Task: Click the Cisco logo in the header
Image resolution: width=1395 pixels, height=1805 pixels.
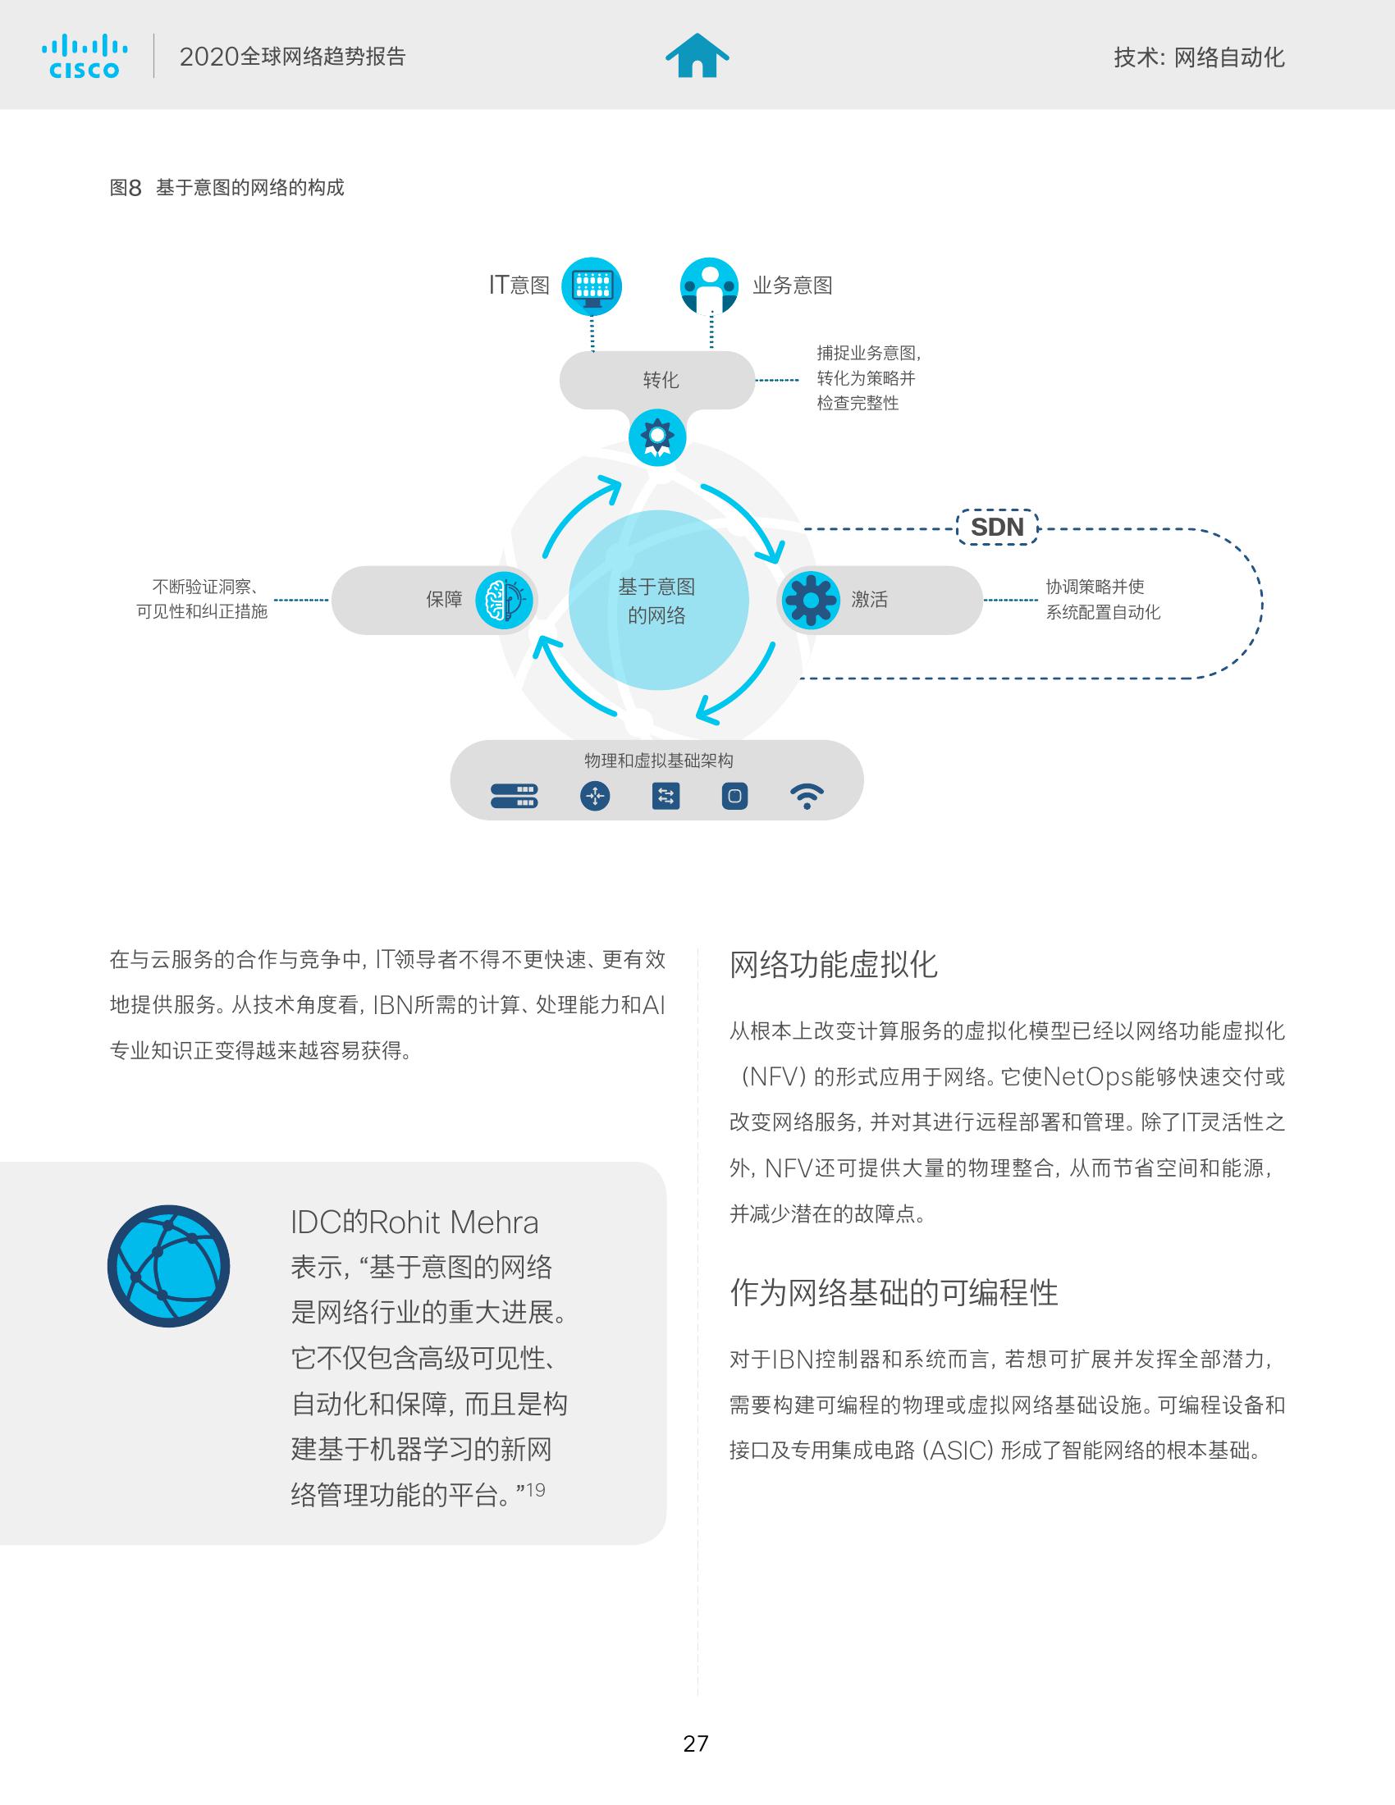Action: click(85, 56)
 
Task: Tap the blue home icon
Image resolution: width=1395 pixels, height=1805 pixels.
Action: click(697, 55)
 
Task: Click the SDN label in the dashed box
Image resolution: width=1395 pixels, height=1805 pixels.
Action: click(997, 528)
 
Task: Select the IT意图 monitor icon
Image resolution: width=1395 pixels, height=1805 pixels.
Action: click(592, 287)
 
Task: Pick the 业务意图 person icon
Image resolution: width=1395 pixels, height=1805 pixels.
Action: click(709, 287)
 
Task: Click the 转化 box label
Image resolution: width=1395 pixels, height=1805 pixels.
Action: click(661, 379)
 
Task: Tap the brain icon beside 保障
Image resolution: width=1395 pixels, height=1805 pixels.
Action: click(504, 600)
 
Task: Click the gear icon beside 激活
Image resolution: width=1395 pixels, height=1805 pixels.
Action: click(810, 600)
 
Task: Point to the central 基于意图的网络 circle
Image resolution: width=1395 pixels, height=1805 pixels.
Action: click(659, 600)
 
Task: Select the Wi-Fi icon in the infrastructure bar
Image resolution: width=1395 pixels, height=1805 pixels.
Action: click(807, 796)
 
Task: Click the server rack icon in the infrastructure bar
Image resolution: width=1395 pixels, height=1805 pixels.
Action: click(514, 796)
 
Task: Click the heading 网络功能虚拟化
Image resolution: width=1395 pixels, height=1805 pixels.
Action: click(833, 965)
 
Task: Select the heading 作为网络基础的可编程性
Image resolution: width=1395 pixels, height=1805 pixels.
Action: click(894, 1292)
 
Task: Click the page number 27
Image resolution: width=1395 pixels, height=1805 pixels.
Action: click(696, 1743)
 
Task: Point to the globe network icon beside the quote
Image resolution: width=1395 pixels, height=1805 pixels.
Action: click(168, 1266)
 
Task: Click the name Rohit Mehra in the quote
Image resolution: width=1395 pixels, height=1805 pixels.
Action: click(454, 1222)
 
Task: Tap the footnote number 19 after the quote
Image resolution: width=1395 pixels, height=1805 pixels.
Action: click(536, 1490)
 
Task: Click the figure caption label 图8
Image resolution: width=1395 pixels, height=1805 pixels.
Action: click(126, 188)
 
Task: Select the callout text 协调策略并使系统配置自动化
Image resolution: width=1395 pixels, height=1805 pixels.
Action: click(1103, 599)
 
